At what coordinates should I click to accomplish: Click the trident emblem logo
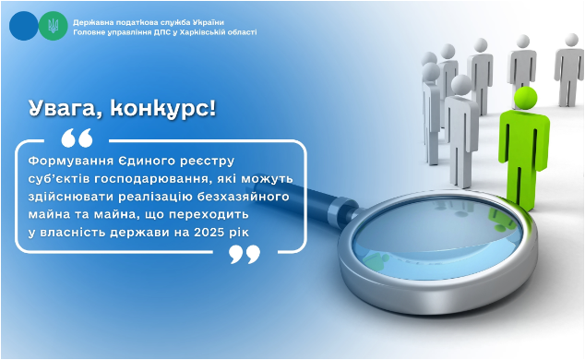(52, 26)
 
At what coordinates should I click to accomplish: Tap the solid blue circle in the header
(25, 26)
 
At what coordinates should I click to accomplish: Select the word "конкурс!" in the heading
(163, 109)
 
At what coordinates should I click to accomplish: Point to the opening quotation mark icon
(77, 138)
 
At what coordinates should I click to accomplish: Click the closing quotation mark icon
(245, 253)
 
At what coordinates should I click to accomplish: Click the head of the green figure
(524, 97)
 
